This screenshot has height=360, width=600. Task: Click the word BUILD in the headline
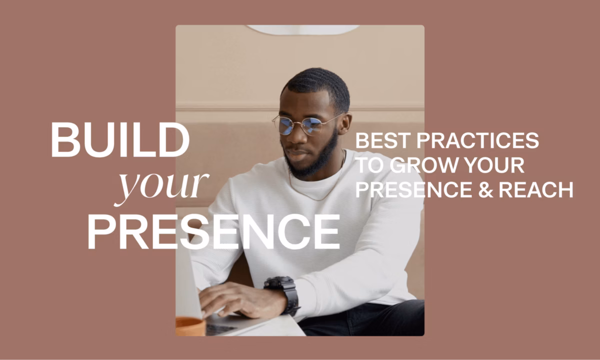(120, 139)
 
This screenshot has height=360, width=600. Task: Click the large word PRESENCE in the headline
(214, 232)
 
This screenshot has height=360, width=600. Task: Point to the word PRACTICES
(477, 140)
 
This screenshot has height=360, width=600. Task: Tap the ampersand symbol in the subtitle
(485, 189)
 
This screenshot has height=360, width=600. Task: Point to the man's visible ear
(344, 123)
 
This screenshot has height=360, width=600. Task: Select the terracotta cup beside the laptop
(190, 326)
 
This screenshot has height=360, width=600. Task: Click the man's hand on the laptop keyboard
(241, 300)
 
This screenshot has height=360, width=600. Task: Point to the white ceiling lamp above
(302, 29)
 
